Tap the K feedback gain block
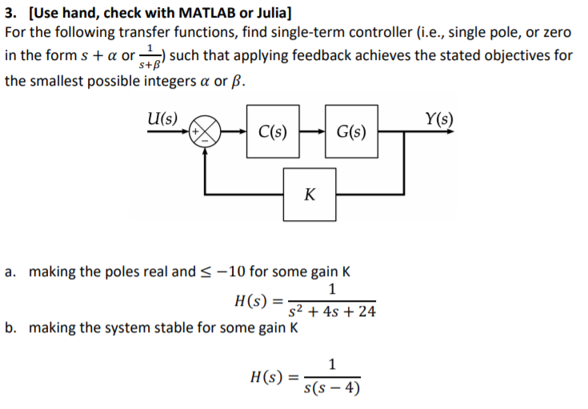pyautogui.click(x=310, y=194)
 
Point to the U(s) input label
pyautogui.click(x=163, y=117)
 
